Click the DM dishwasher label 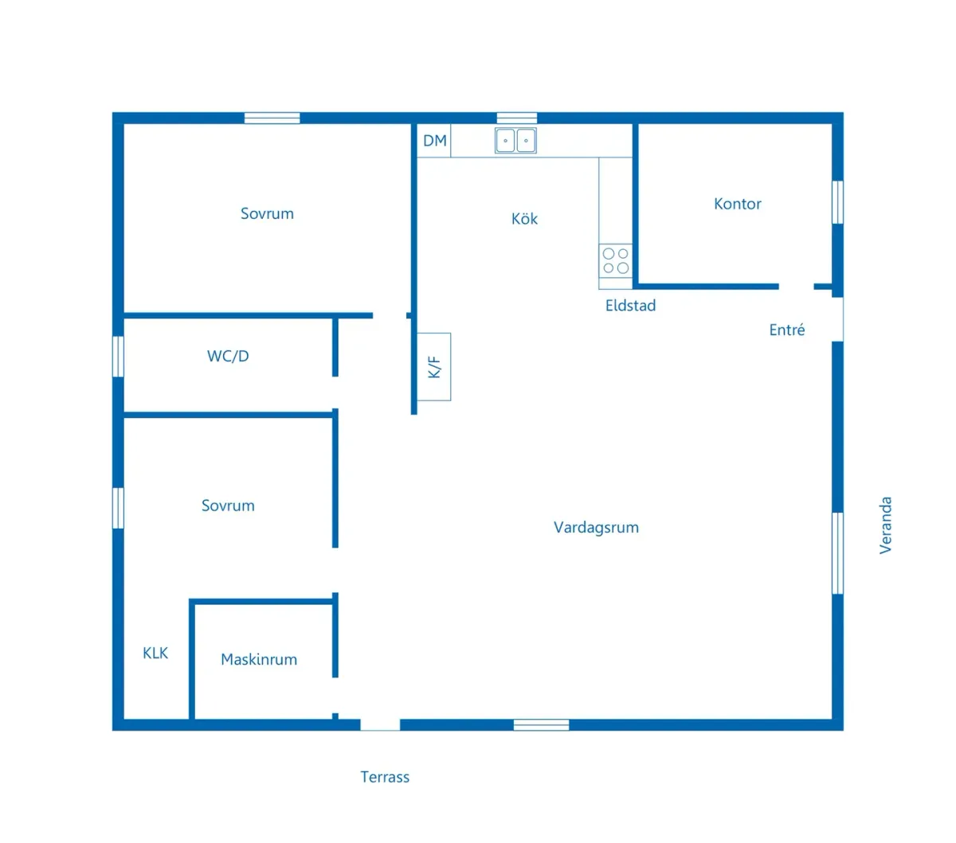pos(435,141)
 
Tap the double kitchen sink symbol pos(515,140)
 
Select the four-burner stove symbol pos(616,260)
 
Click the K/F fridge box pos(434,366)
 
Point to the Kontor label pos(738,204)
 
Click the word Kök pos(524,219)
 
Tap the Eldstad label pos(630,306)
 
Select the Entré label pos(787,330)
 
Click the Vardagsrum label pos(596,527)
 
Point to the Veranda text pos(885,525)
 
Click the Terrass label pos(385,777)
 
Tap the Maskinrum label pos(259,659)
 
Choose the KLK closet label pos(155,654)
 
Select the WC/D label pos(228,357)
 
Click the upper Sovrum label pos(267,213)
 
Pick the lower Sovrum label pos(228,505)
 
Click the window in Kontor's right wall pos(837,202)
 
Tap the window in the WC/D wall pos(118,356)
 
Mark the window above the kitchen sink pos(517,118)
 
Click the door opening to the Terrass pos(380,724)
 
